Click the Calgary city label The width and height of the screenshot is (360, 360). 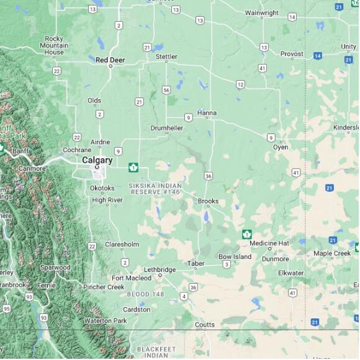point(97,160)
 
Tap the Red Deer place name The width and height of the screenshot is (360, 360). point(110,60)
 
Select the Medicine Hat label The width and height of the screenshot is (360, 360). point(269,243)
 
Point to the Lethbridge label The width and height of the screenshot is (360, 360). point(160,269)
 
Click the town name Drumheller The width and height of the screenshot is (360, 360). point(166,128)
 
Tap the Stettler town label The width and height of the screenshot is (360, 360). point(166,56)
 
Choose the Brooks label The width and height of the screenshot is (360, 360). point(208,201)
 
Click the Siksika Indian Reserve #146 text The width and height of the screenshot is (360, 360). point(155,189)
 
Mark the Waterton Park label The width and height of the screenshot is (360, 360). point(106,320)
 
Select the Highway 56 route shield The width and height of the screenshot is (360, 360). point(166,90)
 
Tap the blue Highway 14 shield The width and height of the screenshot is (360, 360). point(317,56)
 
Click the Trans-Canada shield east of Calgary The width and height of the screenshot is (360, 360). point(133,167)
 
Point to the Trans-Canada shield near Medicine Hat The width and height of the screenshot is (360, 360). point(247,234)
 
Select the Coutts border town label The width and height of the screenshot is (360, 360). point(204,325)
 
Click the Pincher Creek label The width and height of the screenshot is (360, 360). point(104,287)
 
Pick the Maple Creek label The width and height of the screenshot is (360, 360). point(331,253)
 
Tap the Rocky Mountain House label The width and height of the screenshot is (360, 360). point(54,45)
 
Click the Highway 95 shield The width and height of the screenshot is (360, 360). point(6,308)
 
